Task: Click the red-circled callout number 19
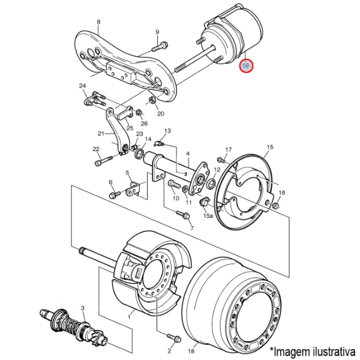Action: pyautogui.click(x=247, y=65)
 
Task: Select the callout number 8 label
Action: pyautogui.click(x=98, y=23)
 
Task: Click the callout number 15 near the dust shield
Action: pyautogui.click(x=270, y=147)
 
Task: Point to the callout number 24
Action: pyautogui.click(x=82, y=86)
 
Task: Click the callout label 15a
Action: pyautogui.click(x=208, y=215)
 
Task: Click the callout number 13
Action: pyautogui.click(x=167, y=131)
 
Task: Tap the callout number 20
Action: pyautogui.click(x=160, y=114)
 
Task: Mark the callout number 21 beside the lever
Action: pyautogui.click(x=101, y=134)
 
